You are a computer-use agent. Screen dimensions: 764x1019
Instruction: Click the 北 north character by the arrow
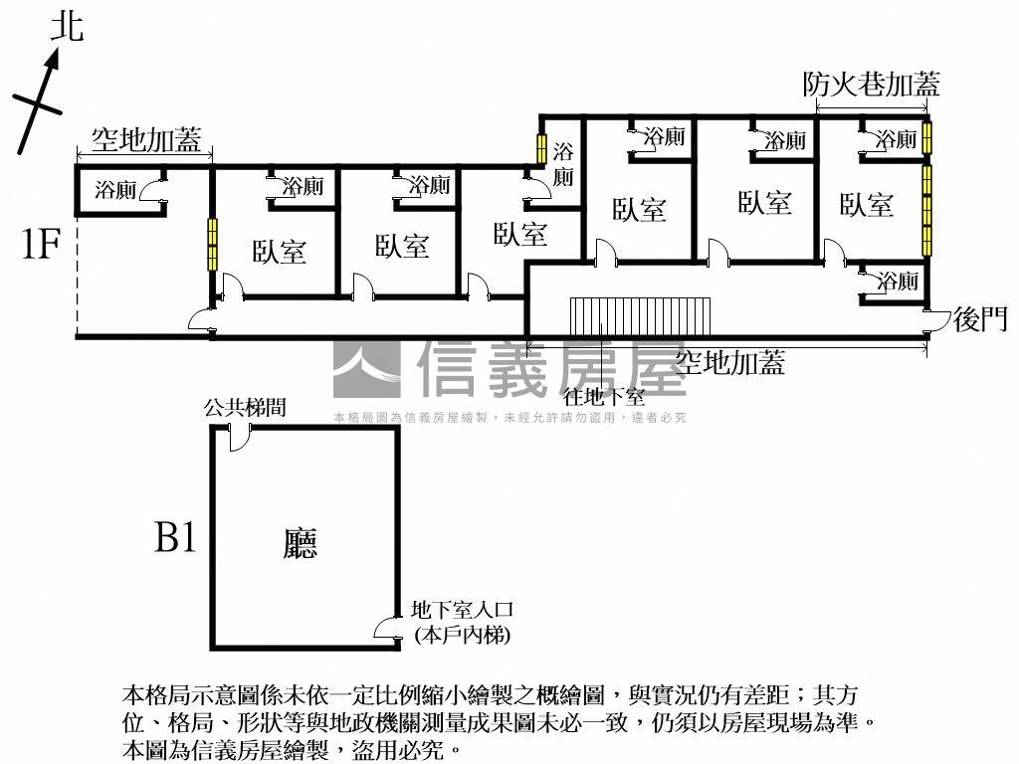[68, 27]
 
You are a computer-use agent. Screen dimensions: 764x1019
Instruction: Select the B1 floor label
[175, 540]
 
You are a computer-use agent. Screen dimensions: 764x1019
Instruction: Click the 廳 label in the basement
[299, 543]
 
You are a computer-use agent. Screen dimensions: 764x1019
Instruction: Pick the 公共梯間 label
[246, 408]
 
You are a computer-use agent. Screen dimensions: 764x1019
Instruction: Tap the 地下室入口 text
[461, 611]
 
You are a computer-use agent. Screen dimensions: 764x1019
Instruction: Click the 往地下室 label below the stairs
[604, 396]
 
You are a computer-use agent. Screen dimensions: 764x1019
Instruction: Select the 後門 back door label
[980, 318]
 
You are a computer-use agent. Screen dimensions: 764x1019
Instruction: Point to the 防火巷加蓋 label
[871, 86]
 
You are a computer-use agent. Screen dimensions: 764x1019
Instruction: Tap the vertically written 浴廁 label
[563, 165]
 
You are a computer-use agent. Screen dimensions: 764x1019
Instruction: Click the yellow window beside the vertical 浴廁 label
[541, 149]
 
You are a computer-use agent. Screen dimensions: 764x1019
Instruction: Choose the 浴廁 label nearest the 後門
[897, 282]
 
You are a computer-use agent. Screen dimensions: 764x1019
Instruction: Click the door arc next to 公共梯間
[240, 436]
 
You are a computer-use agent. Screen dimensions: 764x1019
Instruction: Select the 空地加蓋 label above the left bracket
[145, 140]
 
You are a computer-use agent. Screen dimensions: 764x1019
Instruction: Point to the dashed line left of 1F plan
[77, 269]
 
